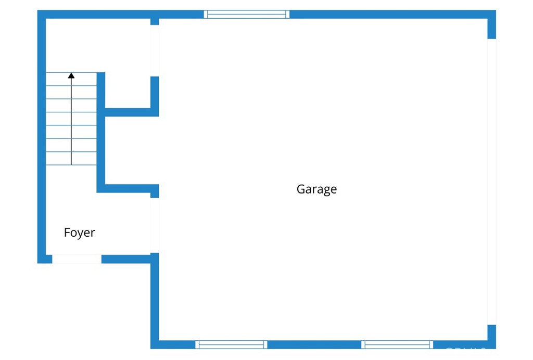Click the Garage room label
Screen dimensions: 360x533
point(316,189)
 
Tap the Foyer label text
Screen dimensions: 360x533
point(79,233)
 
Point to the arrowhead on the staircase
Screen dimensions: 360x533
point(71,75)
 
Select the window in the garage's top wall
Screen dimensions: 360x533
point(246,14)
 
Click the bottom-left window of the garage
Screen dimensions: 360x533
point(231,344)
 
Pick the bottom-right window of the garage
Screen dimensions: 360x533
point(397,344)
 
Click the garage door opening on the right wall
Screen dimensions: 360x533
point(491,182)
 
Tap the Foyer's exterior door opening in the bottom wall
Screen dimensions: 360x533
point(77,259)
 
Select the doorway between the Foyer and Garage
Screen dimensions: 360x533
point(155,225)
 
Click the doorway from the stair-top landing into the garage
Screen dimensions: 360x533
point(155,50)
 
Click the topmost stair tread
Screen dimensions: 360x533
point(71,79)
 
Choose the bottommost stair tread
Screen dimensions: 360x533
point(71,159)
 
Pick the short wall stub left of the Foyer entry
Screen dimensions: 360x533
point(45,259)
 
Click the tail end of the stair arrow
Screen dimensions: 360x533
point(71,164)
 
